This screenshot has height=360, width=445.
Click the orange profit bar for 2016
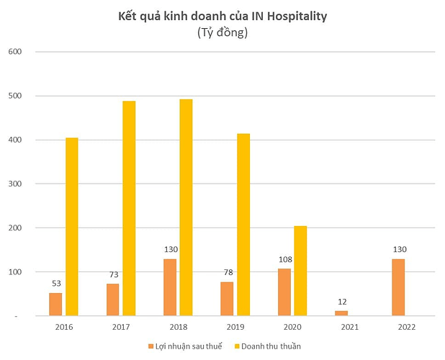click(55, 304)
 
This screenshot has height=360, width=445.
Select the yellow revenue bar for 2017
click(129, 208)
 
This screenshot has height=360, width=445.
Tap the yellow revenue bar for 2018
click(186, 207)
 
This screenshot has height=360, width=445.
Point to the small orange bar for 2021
click(342, 312)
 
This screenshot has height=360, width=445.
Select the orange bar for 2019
click(227, 298)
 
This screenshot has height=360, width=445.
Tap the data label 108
click(284, 261)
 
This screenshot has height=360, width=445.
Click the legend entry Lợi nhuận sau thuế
click(184, 346)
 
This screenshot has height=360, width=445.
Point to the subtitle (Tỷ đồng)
click(222, 32)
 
